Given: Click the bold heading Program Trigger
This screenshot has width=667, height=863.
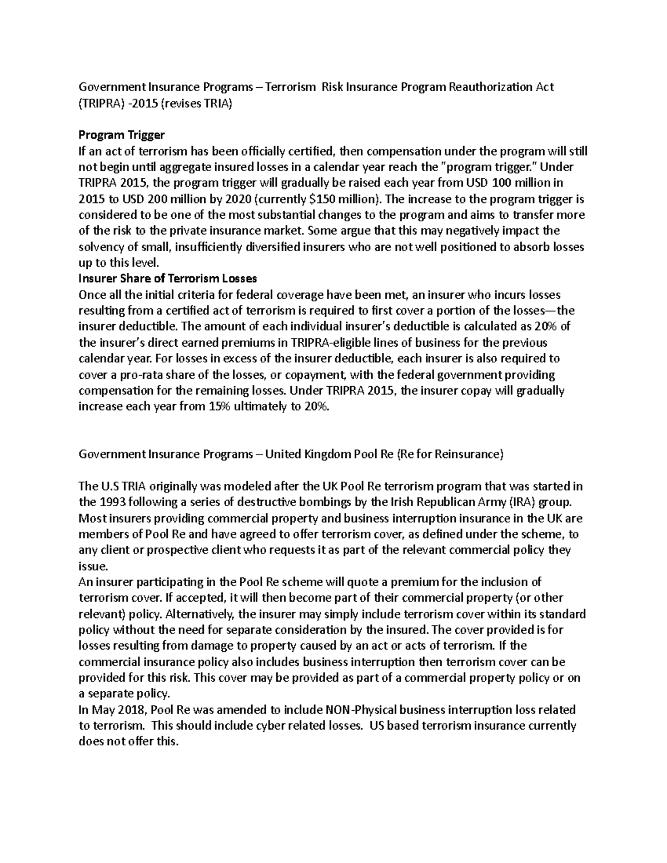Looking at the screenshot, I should point(122,135).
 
